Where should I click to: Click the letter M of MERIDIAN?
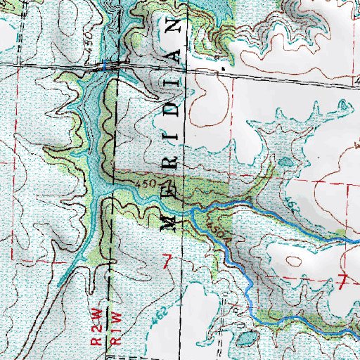(x=169, y=221)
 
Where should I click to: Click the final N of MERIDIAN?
(x=174, y=27)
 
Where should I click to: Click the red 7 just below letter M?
(x=167, y=262)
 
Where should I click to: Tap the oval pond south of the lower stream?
(x=246, y=339)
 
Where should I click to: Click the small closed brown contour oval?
(x=285, y=162)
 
